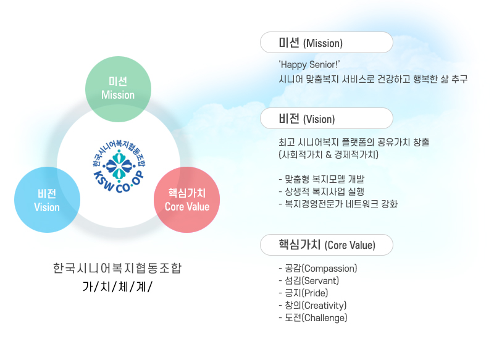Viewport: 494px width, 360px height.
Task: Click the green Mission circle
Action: click(x=118, y=89)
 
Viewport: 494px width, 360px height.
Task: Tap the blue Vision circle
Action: click(x=48, y=199)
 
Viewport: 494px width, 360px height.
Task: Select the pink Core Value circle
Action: click(x=187, y=199)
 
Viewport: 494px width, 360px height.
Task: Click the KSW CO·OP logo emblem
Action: click(x=119, y=166)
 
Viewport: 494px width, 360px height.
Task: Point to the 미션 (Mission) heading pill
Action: click(x=327, y=42)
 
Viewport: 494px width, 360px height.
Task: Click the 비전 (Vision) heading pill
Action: click(x=327, y=118)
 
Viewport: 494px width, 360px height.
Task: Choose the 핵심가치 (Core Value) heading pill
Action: click(x=327, y=245)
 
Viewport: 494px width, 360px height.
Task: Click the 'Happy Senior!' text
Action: click(x=309, y=65)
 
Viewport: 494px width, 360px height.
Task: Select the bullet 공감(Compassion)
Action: click(x=318, y=269)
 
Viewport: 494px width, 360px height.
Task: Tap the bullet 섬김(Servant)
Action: click(x=309, y=280)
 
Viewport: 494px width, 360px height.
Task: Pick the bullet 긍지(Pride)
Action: click(x=303, y=293)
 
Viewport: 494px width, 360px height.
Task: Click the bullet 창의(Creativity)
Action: click(x=312, y=305)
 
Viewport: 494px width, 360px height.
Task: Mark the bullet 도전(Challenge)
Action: click(x=313, y=317)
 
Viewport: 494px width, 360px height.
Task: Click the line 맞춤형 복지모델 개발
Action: click(x=322, y=179)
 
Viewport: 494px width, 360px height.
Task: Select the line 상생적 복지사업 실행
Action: click(x=322, y=191)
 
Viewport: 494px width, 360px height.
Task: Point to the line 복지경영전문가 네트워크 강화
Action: click(x=338, y=204)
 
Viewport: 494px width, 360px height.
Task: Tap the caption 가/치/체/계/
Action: click(x=117, y=287)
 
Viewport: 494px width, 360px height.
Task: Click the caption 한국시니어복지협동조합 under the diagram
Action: click(x=117, y=268)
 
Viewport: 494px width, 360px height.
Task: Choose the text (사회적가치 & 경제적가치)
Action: click(x=329, y=154)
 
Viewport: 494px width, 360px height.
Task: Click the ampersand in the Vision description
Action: click(x=329, y=154)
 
